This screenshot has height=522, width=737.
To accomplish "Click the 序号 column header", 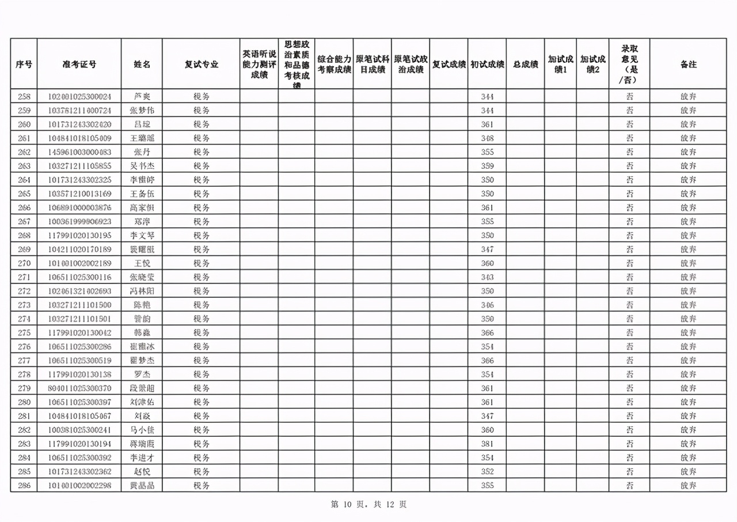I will [x=24, y=64].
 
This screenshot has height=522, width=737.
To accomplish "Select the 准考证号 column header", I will [x=79, y=64].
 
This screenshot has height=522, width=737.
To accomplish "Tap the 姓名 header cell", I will [x=142, y=64].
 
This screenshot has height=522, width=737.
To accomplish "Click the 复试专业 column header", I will [x=201, y=64].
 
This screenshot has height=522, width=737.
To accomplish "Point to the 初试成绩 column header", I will [x=487, y=64].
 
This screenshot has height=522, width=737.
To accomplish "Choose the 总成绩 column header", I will [x=525, y=64].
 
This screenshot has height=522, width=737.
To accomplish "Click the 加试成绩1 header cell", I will [x=560, y=64].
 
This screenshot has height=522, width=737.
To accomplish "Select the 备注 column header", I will [x=688, y=64].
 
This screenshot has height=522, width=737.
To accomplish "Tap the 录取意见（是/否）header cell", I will [x=629, y=64].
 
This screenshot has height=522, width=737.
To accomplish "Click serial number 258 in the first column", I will [x=24, y=96].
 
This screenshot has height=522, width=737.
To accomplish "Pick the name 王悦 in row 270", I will [x=142, y=263].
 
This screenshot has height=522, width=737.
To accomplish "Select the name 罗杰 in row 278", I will [x=142, y=375].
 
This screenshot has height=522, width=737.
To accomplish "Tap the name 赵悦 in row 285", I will [x=142, y=472].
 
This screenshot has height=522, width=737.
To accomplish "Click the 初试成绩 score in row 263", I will [x=487, y=166].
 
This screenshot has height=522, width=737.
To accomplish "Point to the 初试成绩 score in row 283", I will [x=487, y=444].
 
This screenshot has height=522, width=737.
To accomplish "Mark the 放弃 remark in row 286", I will [x=688, y=486].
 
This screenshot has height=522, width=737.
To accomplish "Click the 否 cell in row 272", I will [x=629, y=291].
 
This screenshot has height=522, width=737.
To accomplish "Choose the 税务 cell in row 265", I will [x=201, y=194].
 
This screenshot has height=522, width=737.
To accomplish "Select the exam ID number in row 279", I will [x=79, y=388].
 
